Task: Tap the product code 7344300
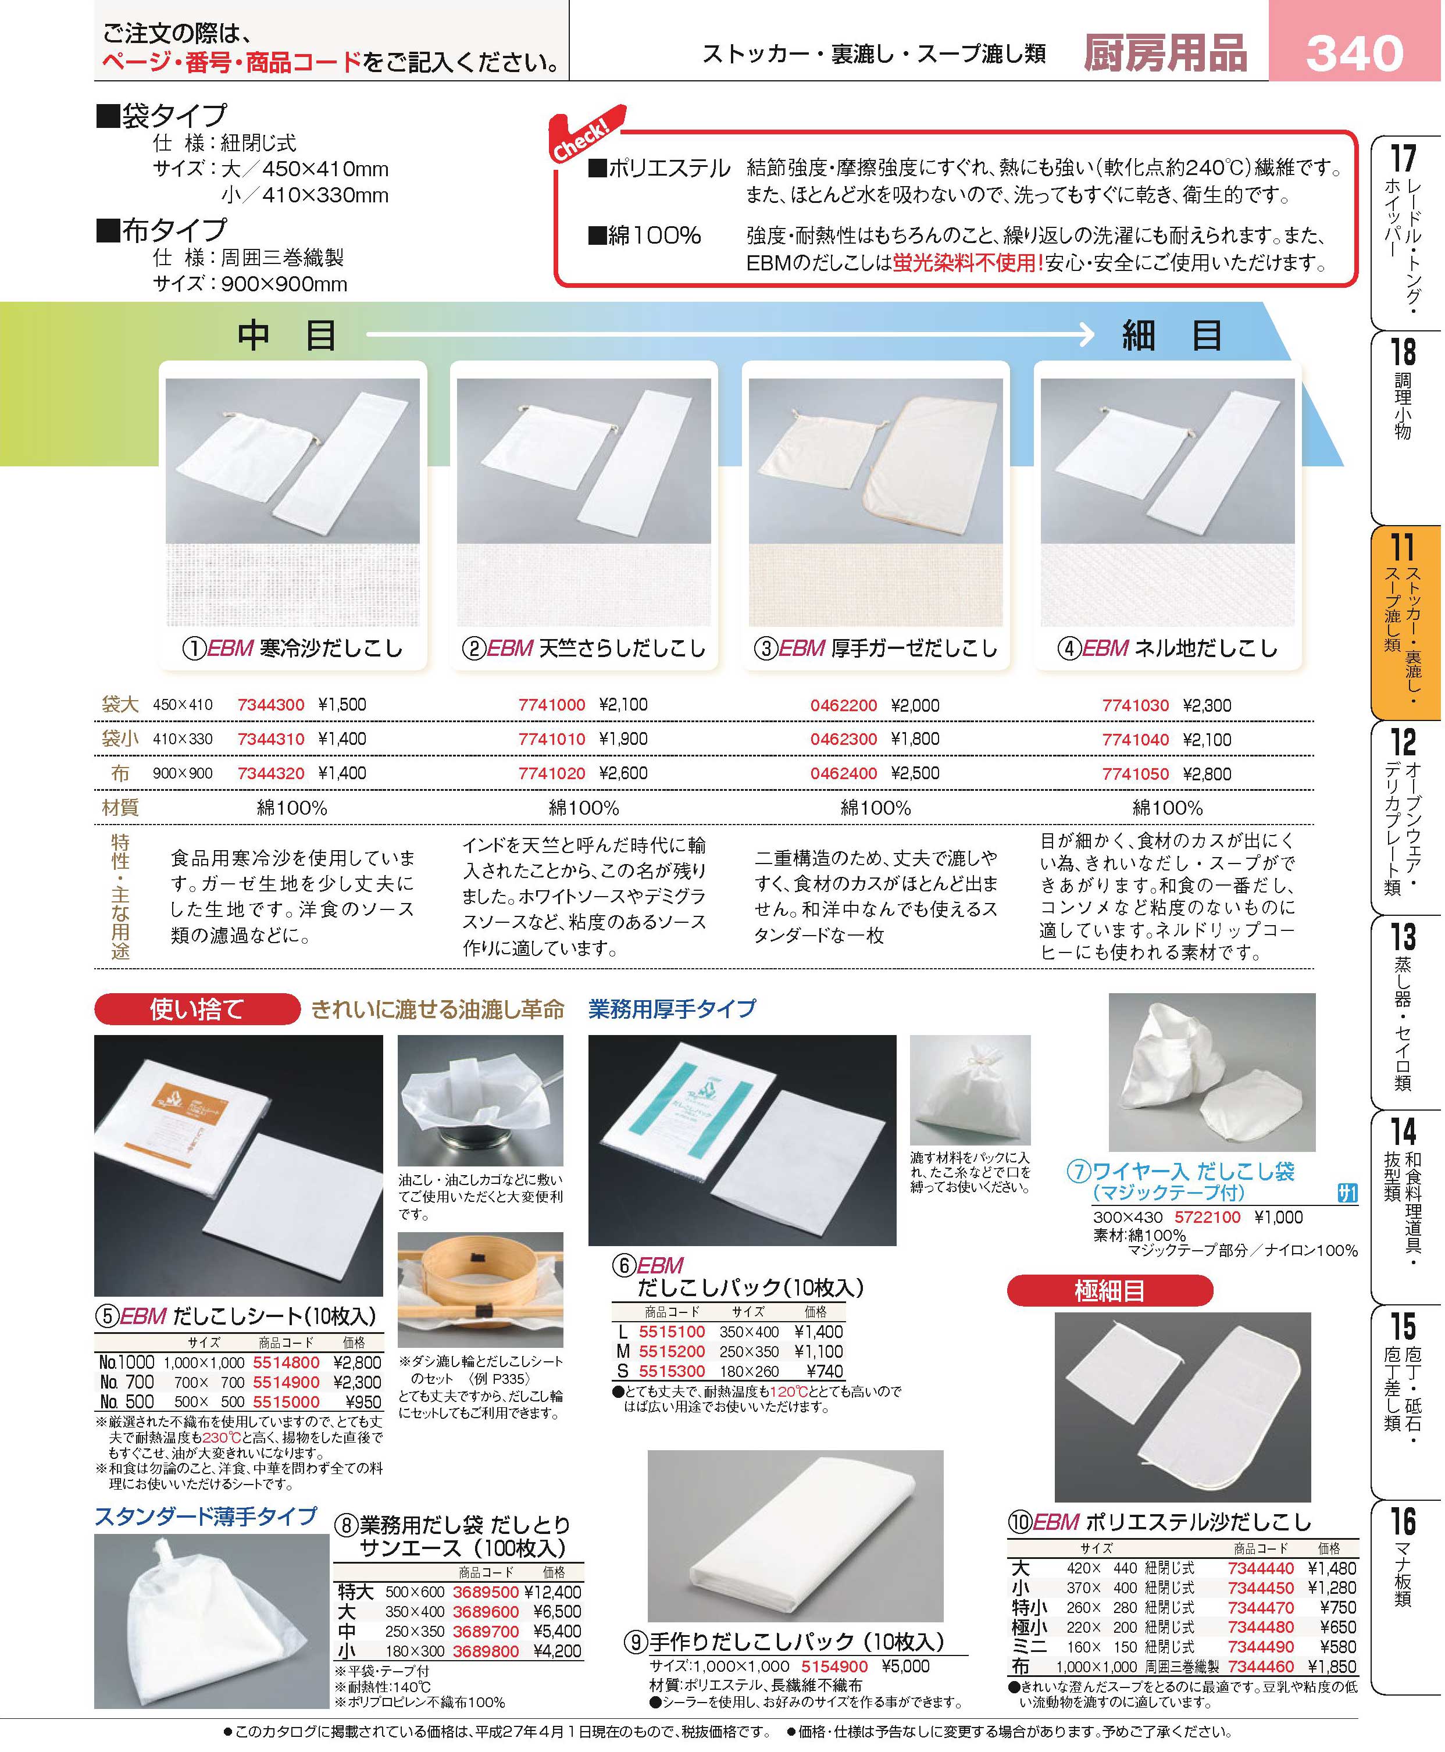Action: tap(270, 705)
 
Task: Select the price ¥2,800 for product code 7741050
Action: tap(1207, 774)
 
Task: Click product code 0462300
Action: tap(844, 739)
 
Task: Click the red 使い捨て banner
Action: tap(197, 1009)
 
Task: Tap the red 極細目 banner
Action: tap(1109, 1291)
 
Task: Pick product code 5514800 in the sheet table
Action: tap(286, 1362)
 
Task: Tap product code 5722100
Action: tap(1207, 1217)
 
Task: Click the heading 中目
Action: tap(287, 336)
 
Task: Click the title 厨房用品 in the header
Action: tap(1165, 53)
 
